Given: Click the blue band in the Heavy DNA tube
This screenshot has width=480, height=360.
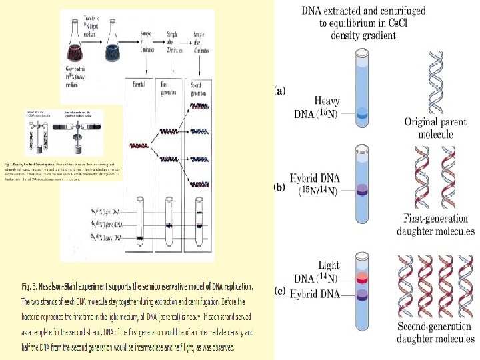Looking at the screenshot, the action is [x=362, y=115].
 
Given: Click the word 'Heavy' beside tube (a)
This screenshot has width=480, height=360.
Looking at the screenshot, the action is [x=326, y=101].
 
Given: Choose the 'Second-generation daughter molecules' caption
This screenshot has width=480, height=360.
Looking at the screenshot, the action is [x=436, y=333].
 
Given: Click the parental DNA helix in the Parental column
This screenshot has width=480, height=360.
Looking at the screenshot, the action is [x=140, y=145].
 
